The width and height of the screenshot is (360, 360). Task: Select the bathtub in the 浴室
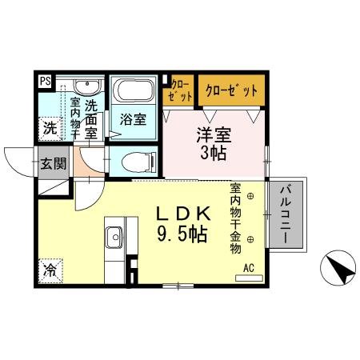[x=132, y=90]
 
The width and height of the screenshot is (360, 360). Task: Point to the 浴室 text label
[x=133, y=121]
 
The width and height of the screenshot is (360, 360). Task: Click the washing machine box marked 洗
[x=50, y=127]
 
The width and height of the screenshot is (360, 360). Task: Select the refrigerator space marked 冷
[x=50, y=269]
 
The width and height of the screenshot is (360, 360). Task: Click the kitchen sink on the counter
[x=114, y=236]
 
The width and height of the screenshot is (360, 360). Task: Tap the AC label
[x=248, y=268]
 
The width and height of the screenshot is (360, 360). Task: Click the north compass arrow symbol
[x=339, y=268]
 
